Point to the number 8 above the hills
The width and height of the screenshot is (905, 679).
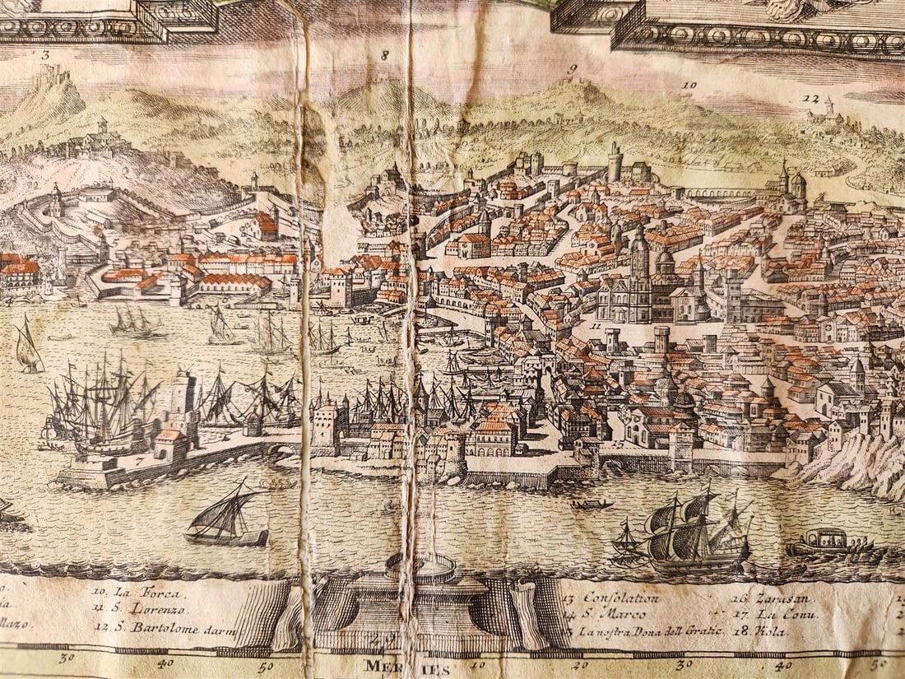(383, 55)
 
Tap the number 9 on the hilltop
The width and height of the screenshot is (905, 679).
(572, 68)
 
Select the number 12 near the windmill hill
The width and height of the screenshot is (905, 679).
(810, 98)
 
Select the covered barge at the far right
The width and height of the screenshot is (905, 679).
(827, 544)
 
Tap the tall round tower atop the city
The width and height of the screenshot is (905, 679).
(615, 162)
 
